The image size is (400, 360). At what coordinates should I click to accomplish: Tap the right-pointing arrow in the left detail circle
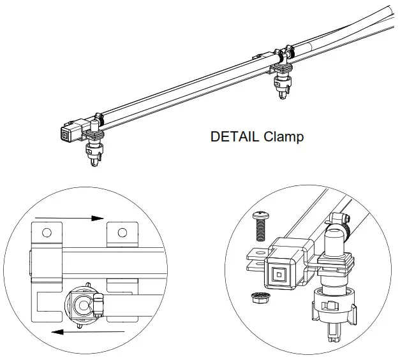(70, 218)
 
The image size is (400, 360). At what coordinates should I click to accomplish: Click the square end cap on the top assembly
(67, 134)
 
